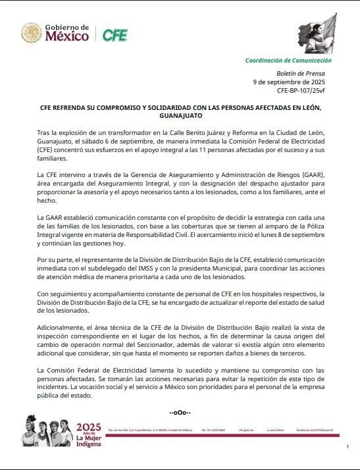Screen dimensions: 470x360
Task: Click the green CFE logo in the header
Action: (115, 35)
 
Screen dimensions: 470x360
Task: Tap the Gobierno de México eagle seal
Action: (31, 33)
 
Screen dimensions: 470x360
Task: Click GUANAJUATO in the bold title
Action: (180, 115)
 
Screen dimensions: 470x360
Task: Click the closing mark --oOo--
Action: (180, 413)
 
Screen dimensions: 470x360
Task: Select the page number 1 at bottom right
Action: (347, 448)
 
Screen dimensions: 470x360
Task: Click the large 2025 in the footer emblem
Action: (90, 427)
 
